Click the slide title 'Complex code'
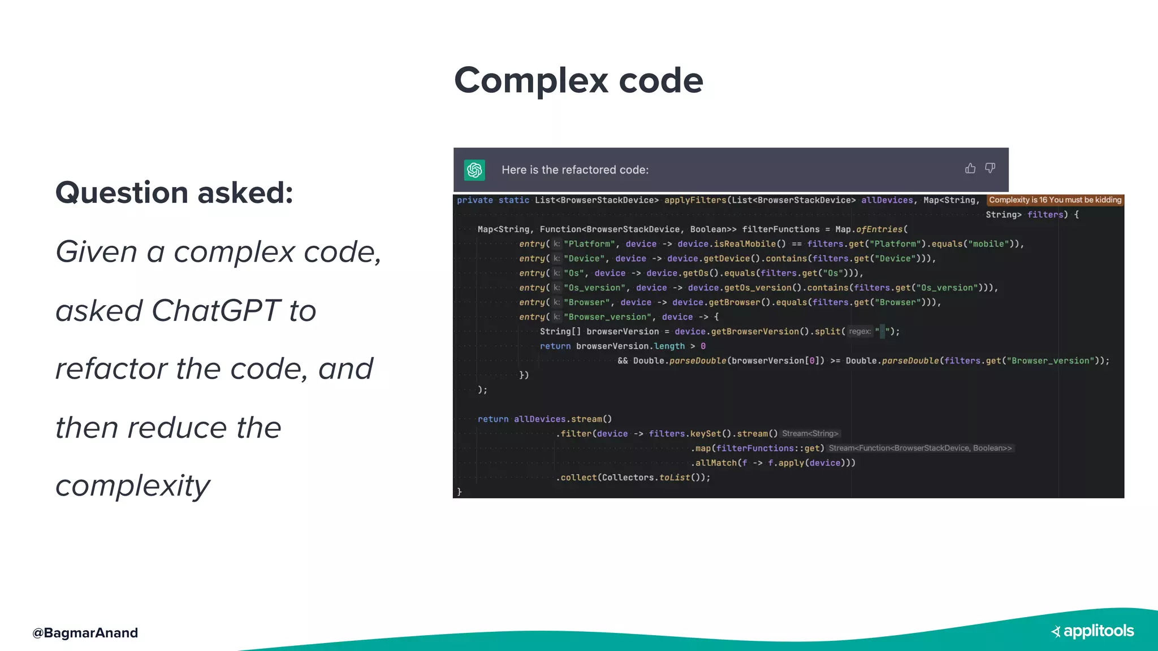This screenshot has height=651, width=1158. tap(578, 80)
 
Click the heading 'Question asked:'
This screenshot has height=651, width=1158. tap(174, 193)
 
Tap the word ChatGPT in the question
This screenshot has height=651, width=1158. tap(215, 310)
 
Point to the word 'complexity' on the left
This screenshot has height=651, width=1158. tap(133, 485)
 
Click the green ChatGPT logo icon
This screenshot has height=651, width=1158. tap(474, 170)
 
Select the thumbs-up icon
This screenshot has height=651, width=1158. tap(970, 168)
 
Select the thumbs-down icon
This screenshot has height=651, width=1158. tap(990, 168)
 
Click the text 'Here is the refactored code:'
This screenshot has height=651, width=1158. tap(575, 170)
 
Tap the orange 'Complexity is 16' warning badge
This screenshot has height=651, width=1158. tap(1055, 200)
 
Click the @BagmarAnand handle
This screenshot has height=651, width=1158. tap(85, 633)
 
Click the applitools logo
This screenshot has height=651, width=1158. tap(1093, 631)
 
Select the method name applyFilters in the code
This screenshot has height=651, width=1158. tap(695, 200)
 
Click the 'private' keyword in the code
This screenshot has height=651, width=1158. tap(475, 200)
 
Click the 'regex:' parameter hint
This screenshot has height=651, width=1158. tap(859, 332)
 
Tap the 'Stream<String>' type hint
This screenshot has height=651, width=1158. tap(810, 434)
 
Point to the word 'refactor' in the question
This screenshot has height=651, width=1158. tap(111, 369)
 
